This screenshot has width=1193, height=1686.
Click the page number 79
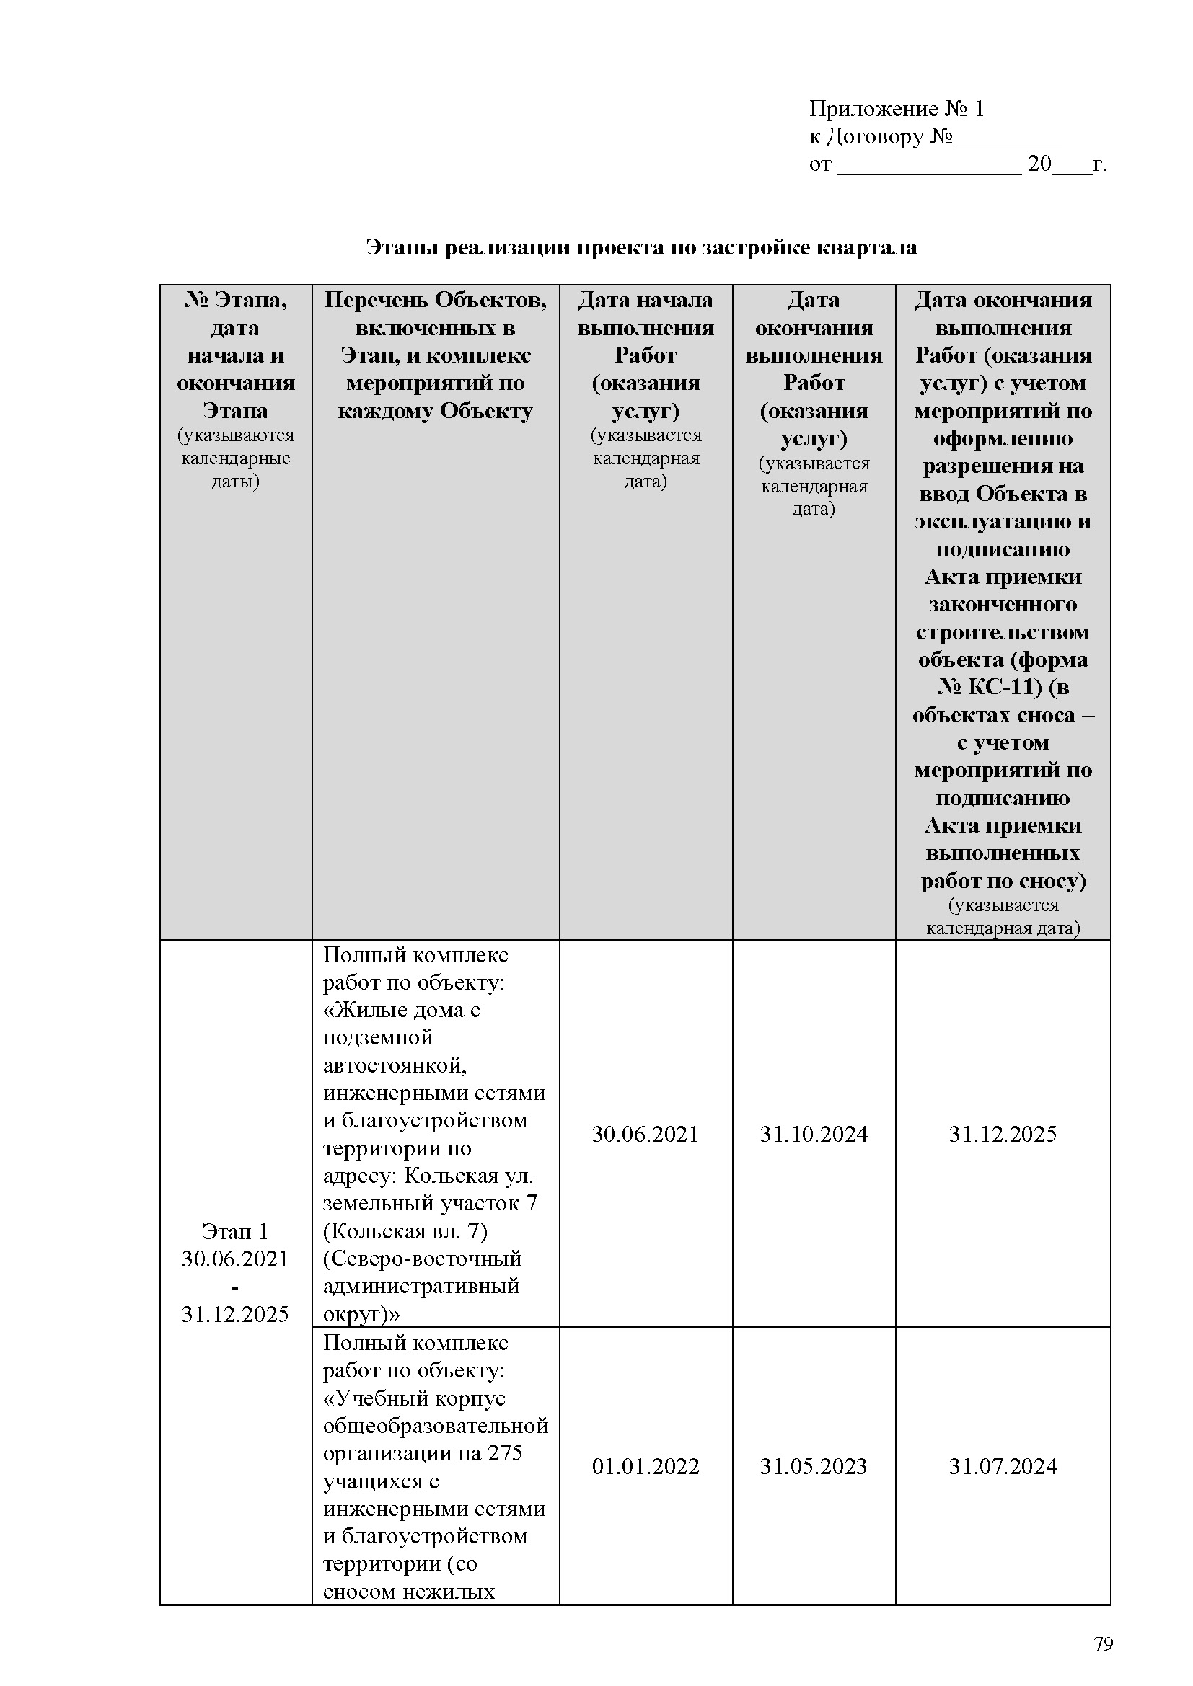tap(1104, 1643)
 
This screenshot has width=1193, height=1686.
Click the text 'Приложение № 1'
tap(897, 109)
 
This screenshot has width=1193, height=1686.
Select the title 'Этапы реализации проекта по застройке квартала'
tap(641, 247)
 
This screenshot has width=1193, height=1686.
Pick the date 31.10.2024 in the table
tap(813, 1155)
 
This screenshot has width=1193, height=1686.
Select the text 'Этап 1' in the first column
tap(235, 1231)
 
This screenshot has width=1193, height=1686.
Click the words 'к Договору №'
tap(881, 136)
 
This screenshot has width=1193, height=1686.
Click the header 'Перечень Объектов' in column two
tap(436, 300)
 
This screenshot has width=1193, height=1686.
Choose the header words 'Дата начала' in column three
tap(645, 300)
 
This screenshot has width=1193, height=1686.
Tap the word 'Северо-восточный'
tap(423, 1259)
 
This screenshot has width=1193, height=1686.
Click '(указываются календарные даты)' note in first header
tap(235, 458)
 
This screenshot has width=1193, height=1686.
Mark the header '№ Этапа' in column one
tap(235, 300)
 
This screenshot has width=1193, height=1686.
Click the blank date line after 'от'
tap(928, 166)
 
